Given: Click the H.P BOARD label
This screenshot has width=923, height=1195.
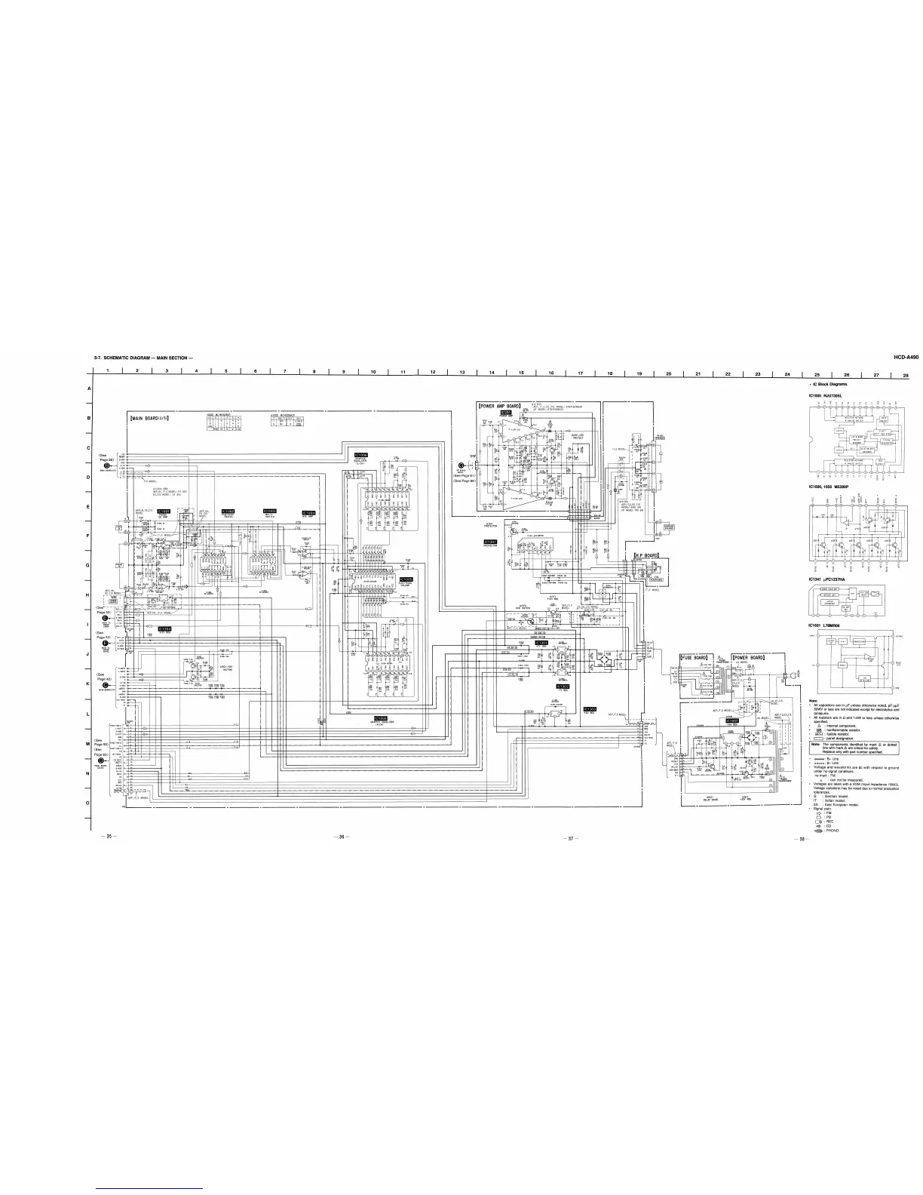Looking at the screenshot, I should click(x=647, y=555).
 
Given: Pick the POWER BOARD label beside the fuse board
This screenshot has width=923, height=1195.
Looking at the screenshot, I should click(x=749, y=657).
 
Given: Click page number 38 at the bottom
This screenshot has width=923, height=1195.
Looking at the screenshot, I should click(x=802, y=838).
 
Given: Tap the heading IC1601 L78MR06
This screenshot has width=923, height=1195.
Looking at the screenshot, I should click(x=826, y=625).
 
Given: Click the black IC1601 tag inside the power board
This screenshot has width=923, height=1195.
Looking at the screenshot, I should click(x=731, y=720).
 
